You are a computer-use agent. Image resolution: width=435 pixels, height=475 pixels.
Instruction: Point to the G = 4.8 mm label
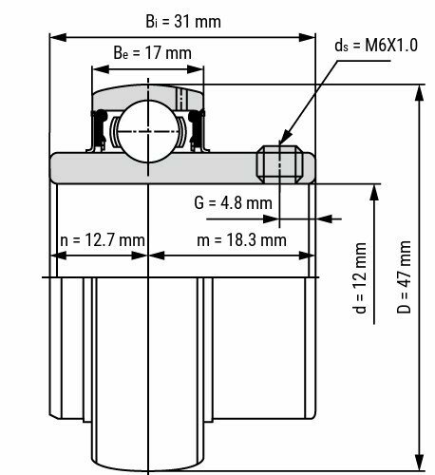[232, 202]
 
